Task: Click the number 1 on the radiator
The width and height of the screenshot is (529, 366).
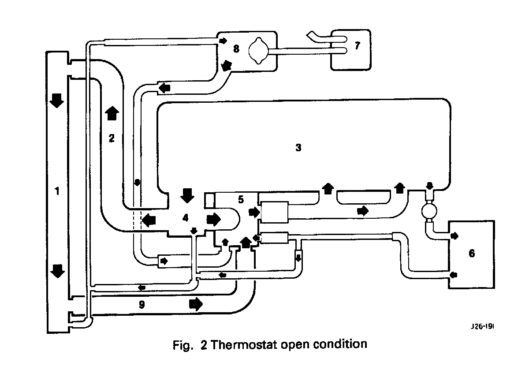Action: click(56, 191)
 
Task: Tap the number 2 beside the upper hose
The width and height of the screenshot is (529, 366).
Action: click(112, 138)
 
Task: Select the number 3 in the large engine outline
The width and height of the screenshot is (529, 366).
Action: click(298, 148)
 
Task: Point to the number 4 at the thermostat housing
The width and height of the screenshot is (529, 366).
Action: click(186, 217)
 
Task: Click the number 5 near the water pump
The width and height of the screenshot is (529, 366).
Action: click(241, 199)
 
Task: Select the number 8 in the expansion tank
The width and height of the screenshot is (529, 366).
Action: click(236, 49)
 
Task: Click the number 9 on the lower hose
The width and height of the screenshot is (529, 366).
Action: click(142, 304)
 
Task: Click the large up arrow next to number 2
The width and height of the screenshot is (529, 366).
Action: click(112, 113)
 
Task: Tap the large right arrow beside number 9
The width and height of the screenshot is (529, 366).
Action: click(196, 304)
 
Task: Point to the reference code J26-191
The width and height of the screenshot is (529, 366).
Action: click(481, 327)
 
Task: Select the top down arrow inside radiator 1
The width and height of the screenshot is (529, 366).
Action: click(56, 100)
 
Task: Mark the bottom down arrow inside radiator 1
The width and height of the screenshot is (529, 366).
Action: click(56, 270)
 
